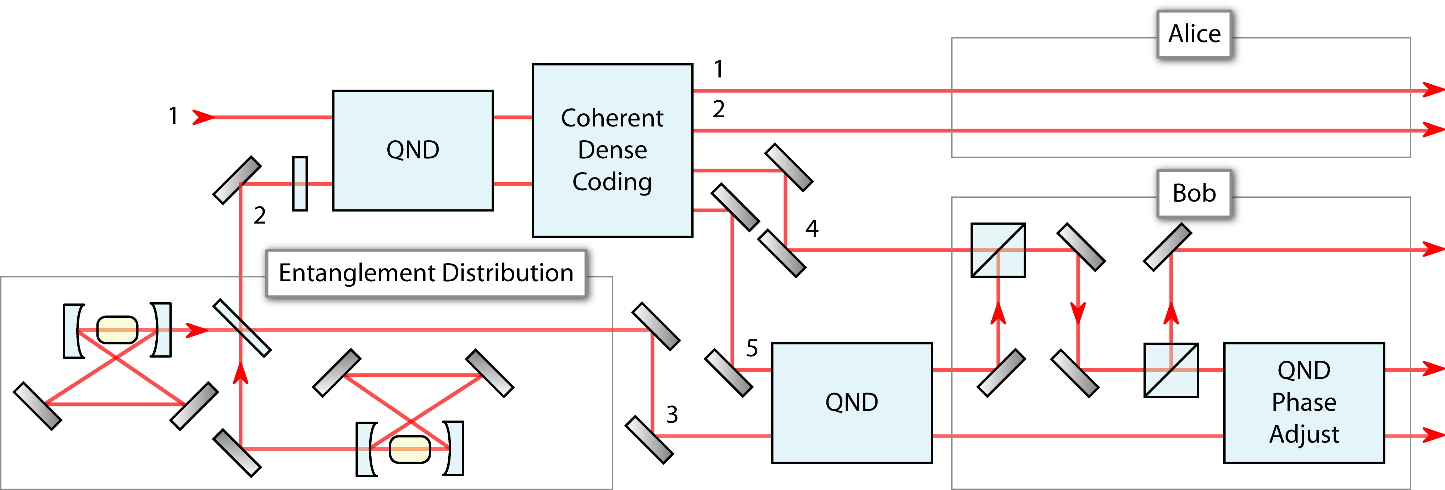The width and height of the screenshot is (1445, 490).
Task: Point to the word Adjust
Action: pos(1304,434)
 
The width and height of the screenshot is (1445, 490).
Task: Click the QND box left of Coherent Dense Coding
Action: pos(413,150)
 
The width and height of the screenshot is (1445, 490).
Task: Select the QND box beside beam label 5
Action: pos(852,402)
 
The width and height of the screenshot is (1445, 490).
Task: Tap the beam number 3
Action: pos(672,415)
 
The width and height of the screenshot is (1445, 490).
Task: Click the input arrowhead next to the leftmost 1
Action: pos(204,117)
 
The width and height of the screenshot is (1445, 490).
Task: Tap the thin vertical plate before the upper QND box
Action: pos(300,184)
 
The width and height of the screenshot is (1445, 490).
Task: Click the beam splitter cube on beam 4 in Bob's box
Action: pos(998,250)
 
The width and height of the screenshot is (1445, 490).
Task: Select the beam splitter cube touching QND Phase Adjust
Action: pos(1171,370)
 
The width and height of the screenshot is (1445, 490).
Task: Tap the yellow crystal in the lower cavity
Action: pos(410,449)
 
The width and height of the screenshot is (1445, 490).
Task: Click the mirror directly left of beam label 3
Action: pos(649,440)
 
